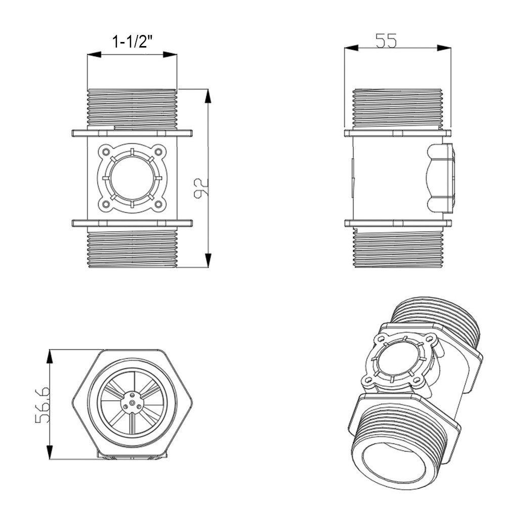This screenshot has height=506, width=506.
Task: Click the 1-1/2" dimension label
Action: click(132, 41)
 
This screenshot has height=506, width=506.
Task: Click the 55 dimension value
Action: click(386, 40)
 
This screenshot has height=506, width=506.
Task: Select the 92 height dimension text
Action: click(201, 188)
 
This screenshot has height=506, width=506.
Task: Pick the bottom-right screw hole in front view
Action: click(158, 204)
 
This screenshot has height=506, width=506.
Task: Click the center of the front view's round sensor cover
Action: click(132, 178)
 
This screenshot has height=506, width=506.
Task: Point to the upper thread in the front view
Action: click(132, 107)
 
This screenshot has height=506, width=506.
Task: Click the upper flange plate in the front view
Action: click(132, 133)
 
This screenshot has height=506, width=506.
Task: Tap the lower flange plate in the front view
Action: click(132, 223)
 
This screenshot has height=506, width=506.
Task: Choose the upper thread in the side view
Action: click(397, 108)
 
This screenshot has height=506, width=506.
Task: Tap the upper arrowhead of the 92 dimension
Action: click(208, 96)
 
